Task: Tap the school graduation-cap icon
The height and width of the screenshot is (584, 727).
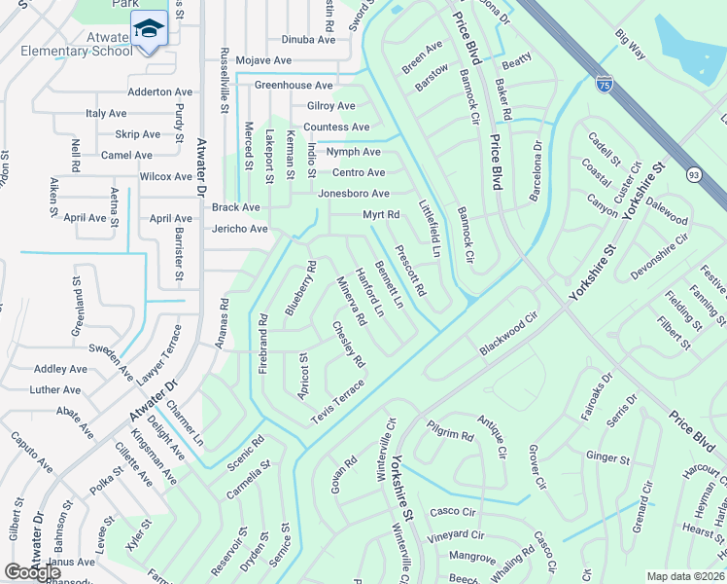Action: (149, 29)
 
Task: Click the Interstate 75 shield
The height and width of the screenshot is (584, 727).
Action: (604, 84)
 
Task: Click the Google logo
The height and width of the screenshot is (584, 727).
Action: (32, 572)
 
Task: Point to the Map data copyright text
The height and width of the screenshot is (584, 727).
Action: (685, 576)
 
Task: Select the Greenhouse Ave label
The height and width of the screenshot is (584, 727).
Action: (293, 86)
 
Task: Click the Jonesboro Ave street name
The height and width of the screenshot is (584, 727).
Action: (353, 194)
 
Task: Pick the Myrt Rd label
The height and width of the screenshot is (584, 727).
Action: (381, 214)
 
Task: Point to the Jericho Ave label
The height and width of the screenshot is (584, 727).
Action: (239, 229)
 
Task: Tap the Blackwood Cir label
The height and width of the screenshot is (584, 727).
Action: (507, 334)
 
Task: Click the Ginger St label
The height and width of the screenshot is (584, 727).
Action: (608, 456)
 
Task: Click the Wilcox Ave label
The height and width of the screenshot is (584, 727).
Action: (166, 177)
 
